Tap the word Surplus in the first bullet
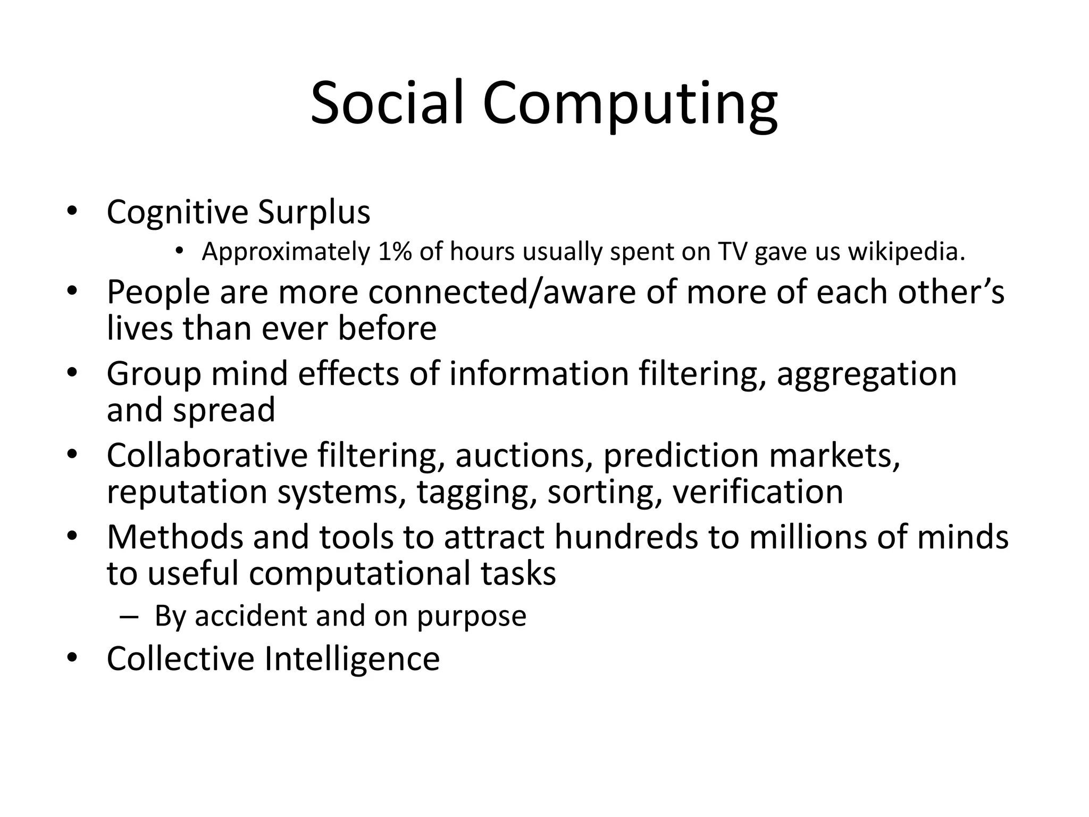[x=314, y=213]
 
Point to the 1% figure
[x=395, y=252]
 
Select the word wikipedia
[x=906, y=252]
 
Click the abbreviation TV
[x=732, y=252]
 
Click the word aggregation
[x=867, y=374]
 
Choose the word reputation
[x=187, y=491]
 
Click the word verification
[x=758, y=491]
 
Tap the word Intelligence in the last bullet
[x=351, y=658]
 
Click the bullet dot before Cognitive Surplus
[x=72, y=212]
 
